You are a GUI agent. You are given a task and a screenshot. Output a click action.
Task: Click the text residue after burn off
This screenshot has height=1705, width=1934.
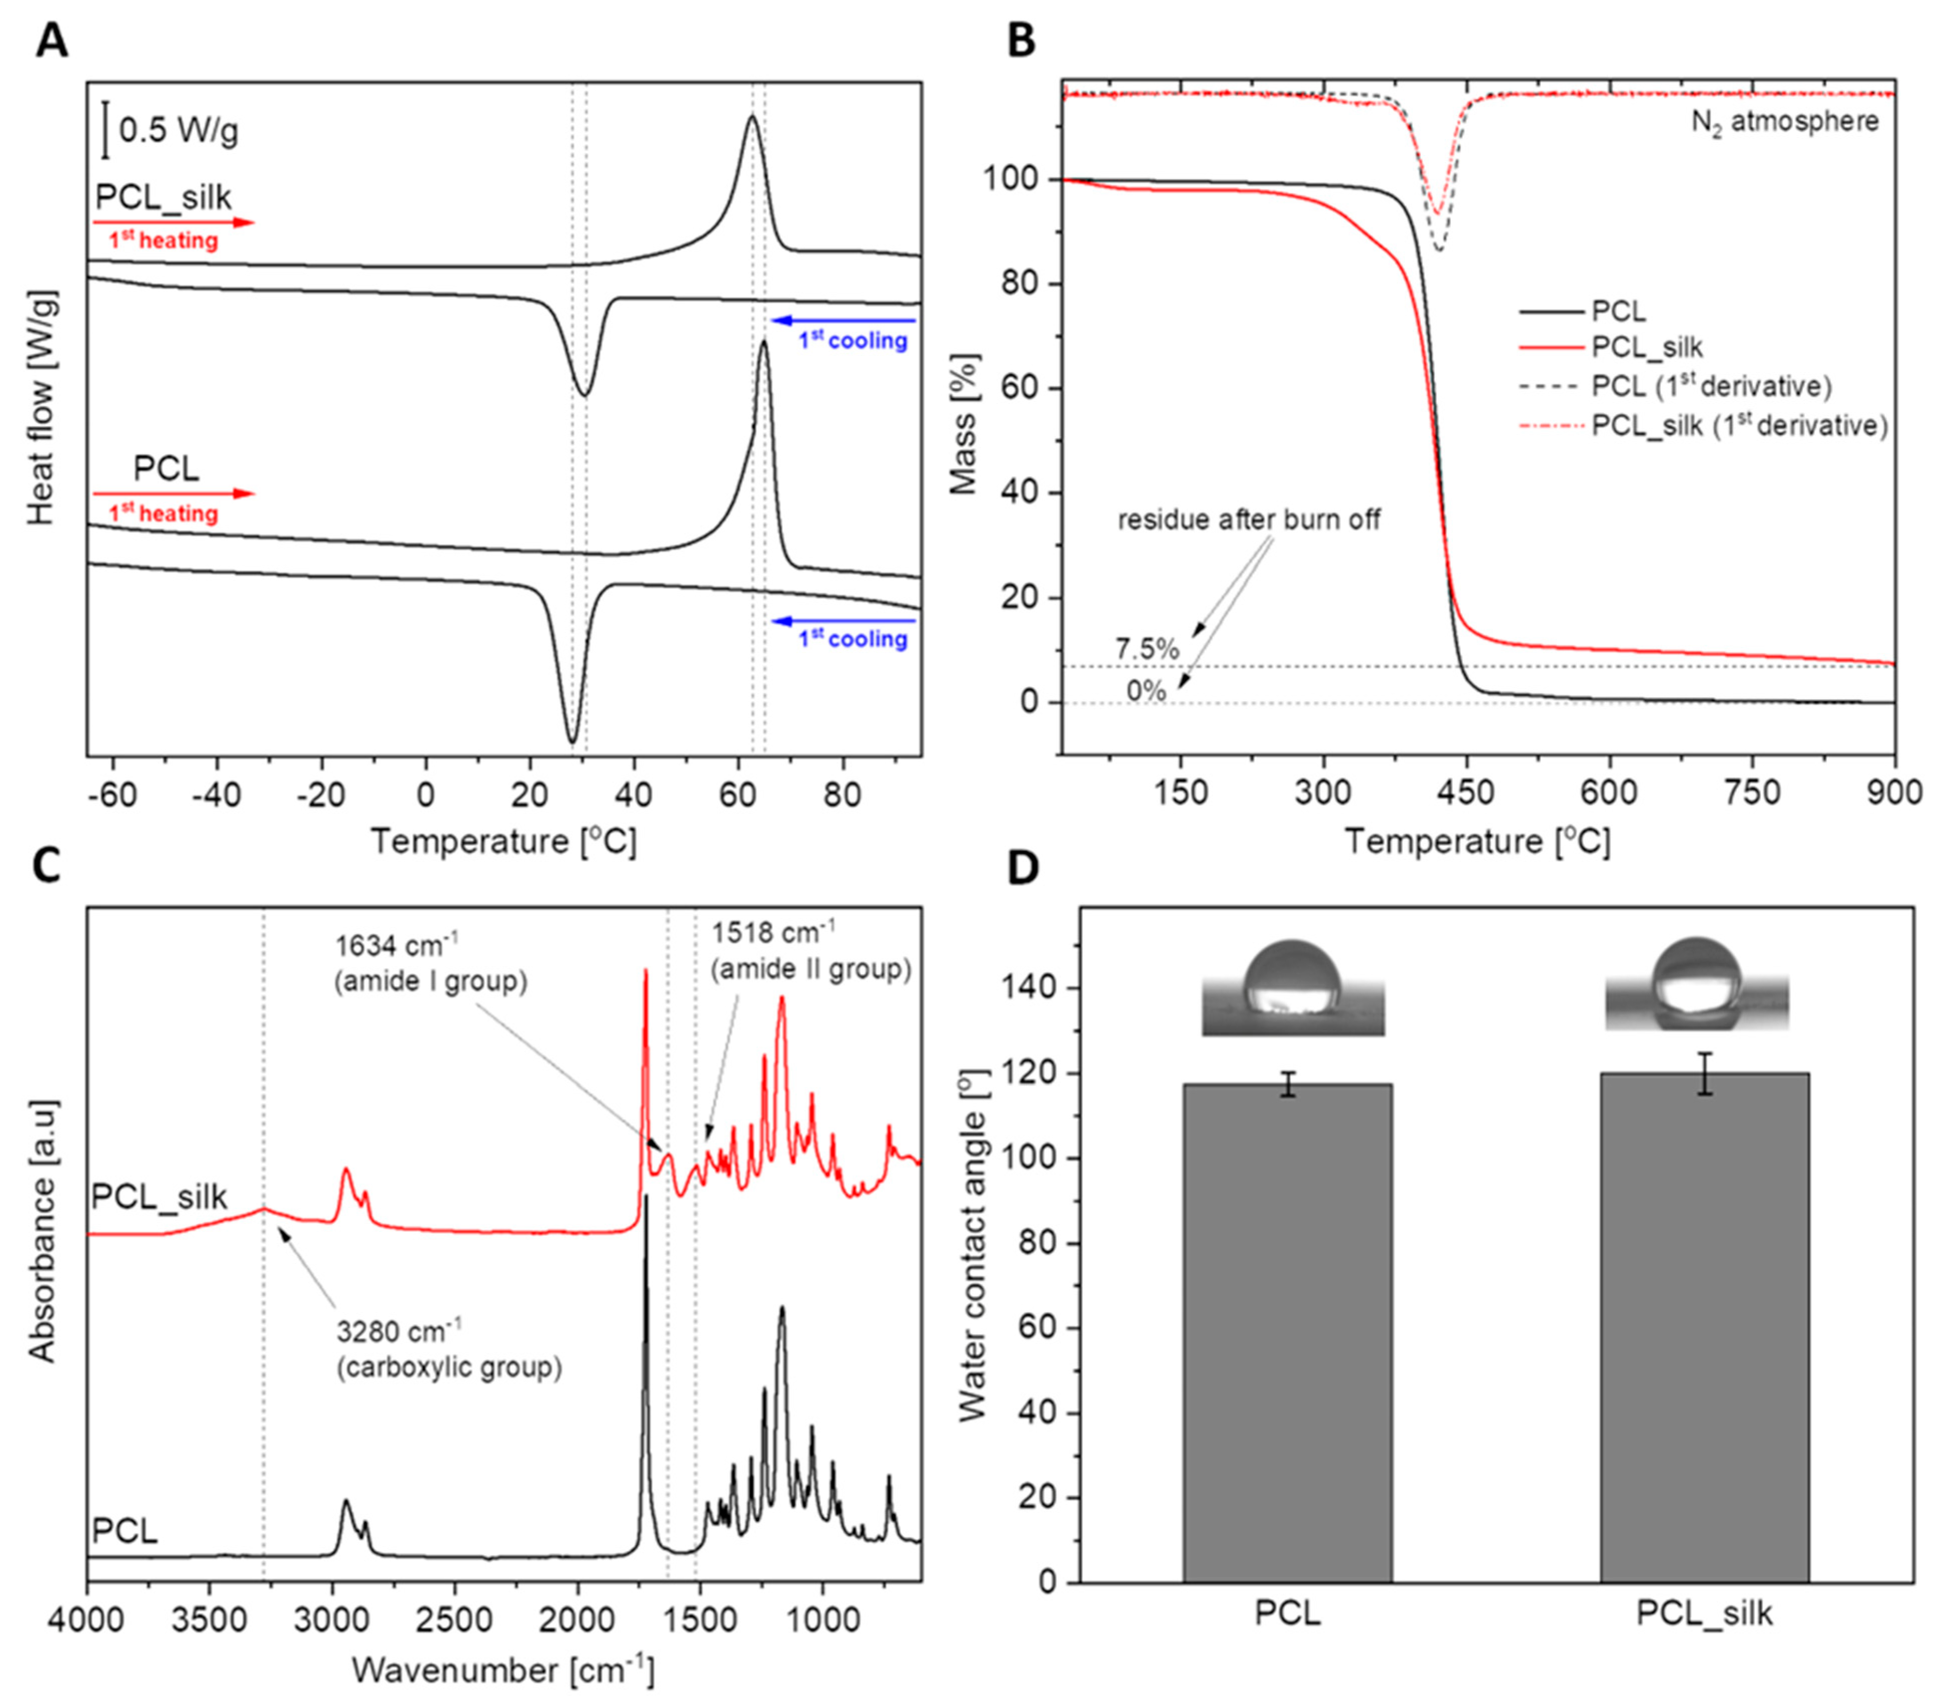coord(1249,520)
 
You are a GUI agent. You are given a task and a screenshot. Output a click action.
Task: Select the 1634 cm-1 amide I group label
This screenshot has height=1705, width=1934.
coord(431,963)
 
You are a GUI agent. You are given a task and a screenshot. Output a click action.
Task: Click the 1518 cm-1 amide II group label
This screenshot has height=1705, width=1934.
coord(811,951)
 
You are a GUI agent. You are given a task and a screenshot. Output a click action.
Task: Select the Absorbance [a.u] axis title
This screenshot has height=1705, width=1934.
coord(43,1230)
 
